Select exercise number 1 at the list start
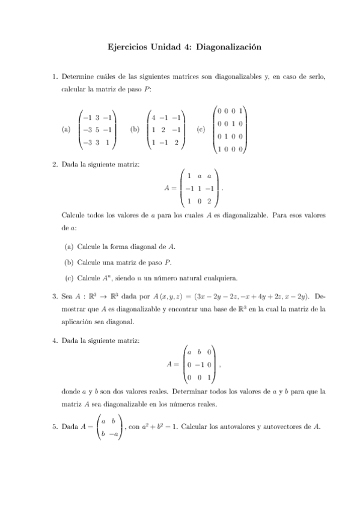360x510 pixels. click(54, 77)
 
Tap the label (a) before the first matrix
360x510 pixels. click(66, 129)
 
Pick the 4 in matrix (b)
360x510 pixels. click(155, 118)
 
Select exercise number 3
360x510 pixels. click(54, 296)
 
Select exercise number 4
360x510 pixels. click(54, 341)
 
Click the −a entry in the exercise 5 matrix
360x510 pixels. click(113, 433)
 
